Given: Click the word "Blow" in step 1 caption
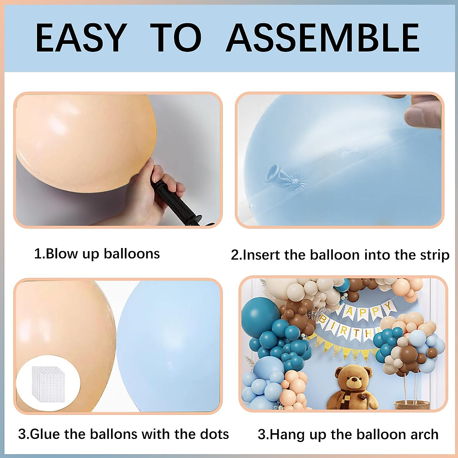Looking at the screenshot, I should [61, 254].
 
